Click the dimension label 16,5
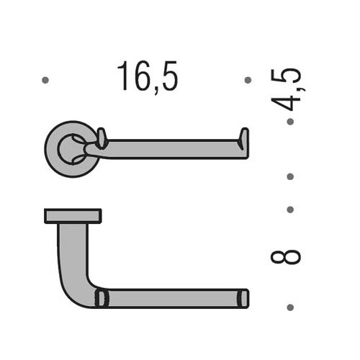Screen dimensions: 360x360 point(148,77)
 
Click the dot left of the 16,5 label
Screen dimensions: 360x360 point(45,81)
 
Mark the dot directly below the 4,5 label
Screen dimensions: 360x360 point(289,122)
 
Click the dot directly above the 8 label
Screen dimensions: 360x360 point(289,210)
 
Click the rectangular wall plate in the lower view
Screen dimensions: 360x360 point(73,215)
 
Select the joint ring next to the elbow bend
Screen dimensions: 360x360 point(102,298)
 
